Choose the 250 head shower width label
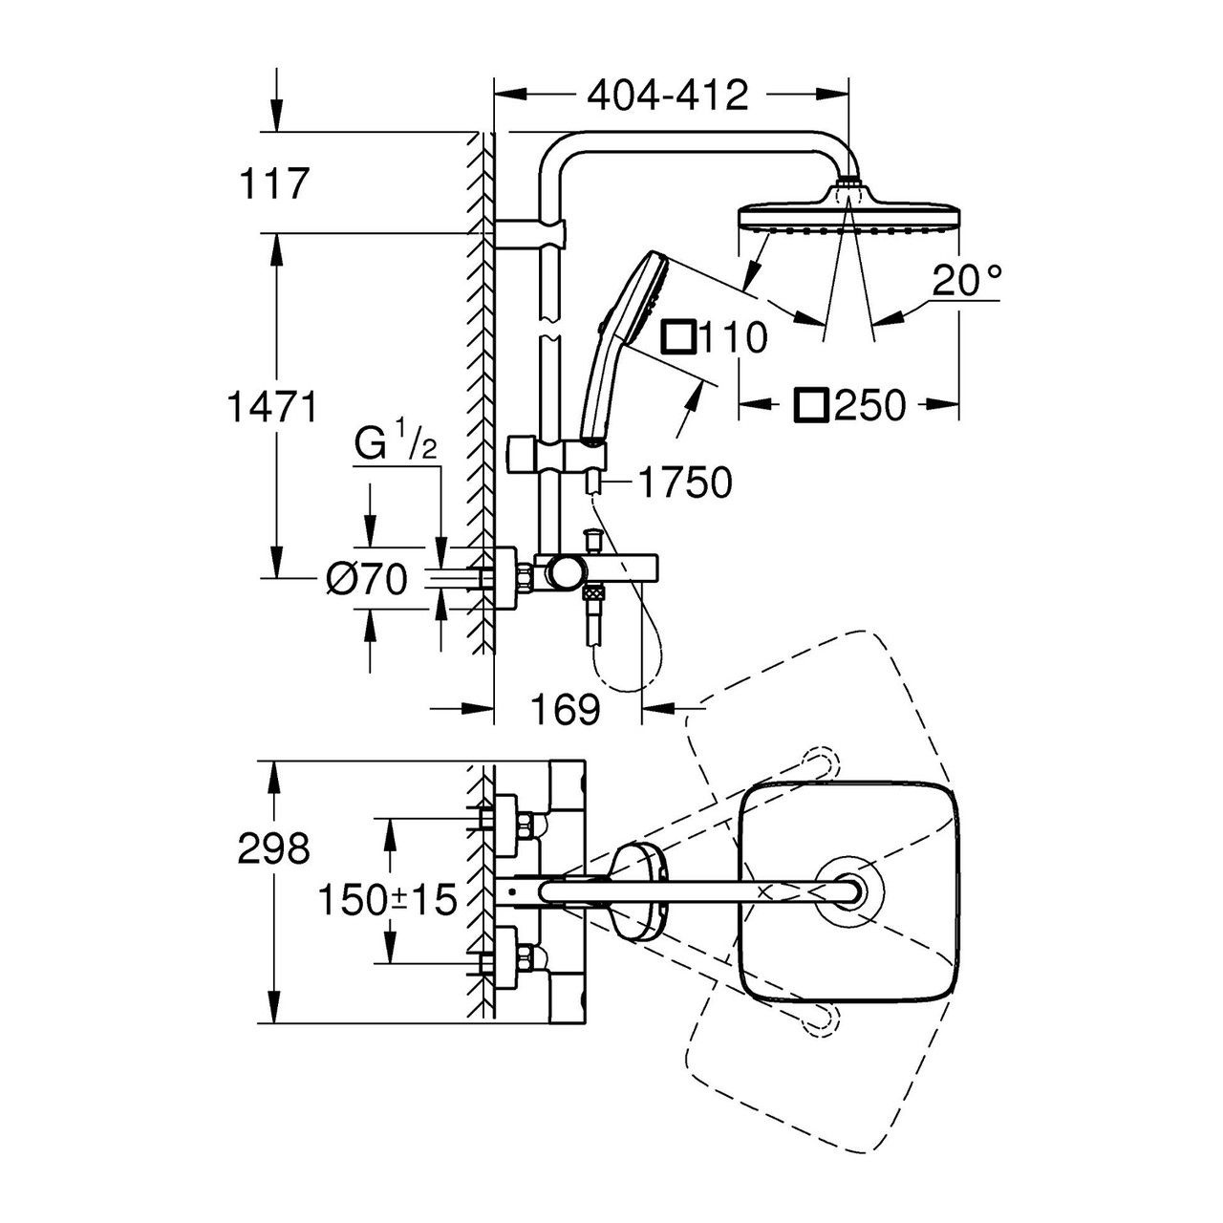tap(868, 406)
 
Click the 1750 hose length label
tap(685, 483)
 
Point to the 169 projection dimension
tap(566, 709)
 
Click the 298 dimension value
tap(275, 848)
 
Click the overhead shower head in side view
tap(848, 216)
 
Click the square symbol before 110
tap(681, 337)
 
